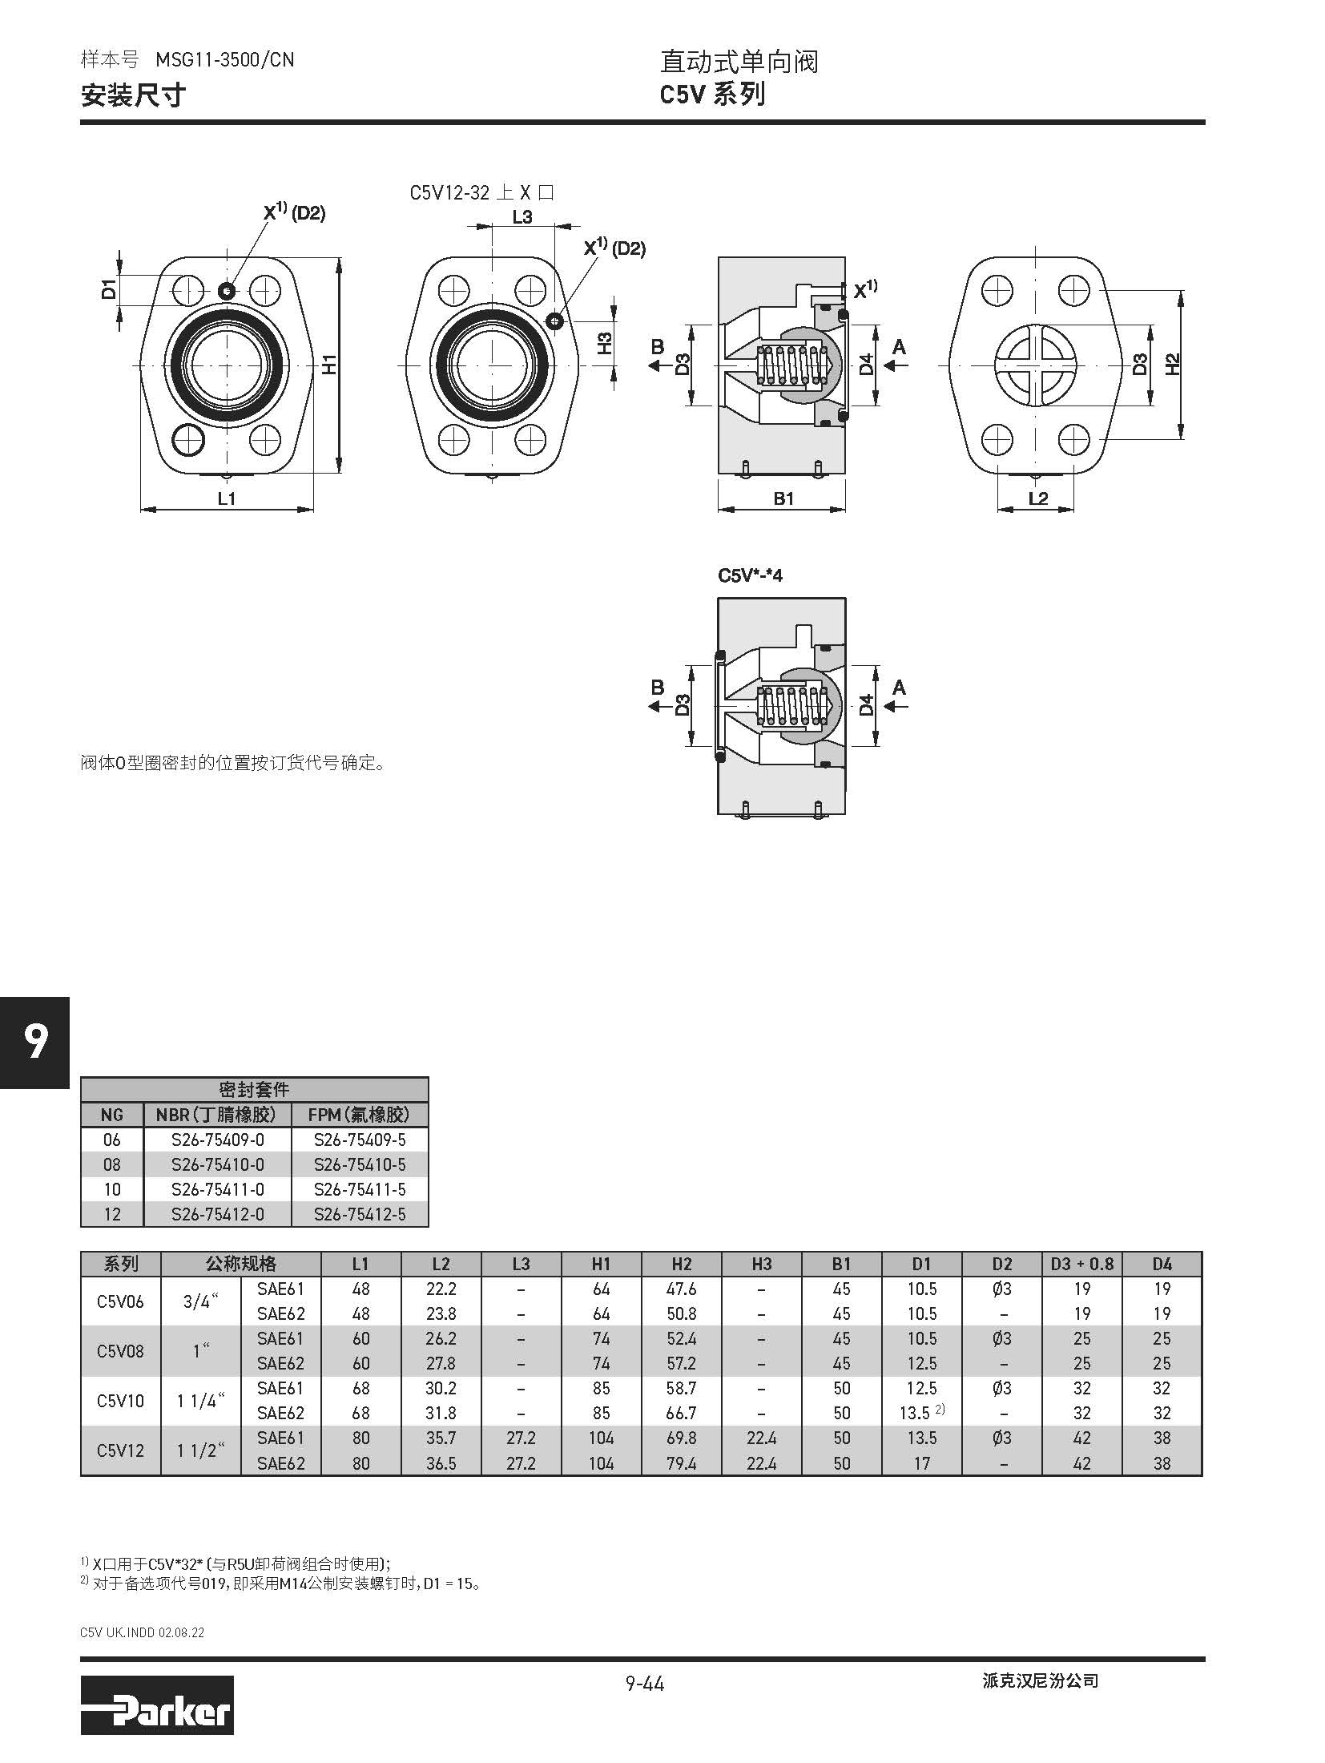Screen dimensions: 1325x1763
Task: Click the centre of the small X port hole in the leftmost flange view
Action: (228, 289)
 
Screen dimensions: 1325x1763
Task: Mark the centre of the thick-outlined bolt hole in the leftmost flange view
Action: (189, 438)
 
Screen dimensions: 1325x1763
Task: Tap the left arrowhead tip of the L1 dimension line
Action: (140, 508)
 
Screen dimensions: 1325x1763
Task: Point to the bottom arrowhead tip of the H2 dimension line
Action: (1180, 439)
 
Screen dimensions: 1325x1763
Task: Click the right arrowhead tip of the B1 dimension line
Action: (845, 508)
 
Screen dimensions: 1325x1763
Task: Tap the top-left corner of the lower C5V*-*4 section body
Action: (719, 598)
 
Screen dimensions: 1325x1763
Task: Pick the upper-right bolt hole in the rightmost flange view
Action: (1073, 290)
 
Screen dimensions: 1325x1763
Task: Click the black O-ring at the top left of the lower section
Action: (719, 657)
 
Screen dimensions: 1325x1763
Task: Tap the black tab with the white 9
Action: (34, 1042)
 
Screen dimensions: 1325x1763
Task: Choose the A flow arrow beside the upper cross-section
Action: (896, 365)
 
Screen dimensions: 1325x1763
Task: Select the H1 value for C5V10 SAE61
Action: (601, 1388)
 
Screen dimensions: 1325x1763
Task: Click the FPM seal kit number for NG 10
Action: (360, 1189)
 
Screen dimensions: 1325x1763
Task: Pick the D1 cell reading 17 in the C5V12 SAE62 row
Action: (921, 1463)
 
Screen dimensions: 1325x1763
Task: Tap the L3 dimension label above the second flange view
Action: (522, 216)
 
